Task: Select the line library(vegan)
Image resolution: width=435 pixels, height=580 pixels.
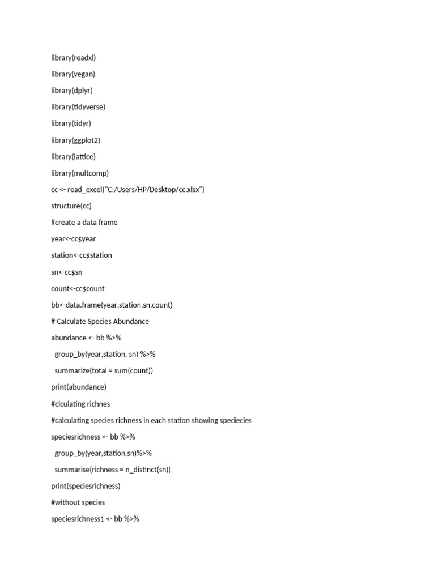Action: pyautogui.click(x=73, y=74)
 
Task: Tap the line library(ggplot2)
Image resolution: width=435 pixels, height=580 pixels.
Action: pyautogui.click(x=75, y=140)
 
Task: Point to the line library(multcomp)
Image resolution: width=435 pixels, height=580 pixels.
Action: pyautogui.click(x=80, y=173)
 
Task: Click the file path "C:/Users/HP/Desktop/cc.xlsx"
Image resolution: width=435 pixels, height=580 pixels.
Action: pyautogui.click(x=153, y=189)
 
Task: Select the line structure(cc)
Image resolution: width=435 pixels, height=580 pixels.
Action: pyautogui.click(x=71, y=206)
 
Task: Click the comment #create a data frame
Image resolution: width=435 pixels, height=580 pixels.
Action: pyautogui.click(x=84, y=222)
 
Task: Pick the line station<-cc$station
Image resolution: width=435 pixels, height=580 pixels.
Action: pyautogui.click(x=82, y=255)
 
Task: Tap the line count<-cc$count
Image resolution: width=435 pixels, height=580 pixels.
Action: pyautogui.click(x=78, y=288)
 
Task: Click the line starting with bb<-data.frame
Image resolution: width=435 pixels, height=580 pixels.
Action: pyautogui.click(x=112, y=305)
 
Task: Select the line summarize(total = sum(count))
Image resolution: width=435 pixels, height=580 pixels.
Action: pyautogui.click(x=104, y=370)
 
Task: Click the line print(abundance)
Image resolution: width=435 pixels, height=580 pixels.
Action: pyautogui.click(x=79, y=387)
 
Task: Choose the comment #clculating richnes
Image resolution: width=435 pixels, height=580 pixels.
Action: pyautogui.click(x=80, y=404)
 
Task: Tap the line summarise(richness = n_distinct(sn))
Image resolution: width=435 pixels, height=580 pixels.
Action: pyautogui.click(x=113, y=470)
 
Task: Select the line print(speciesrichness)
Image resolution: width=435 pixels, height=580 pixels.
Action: pyautogui.click(x=86, y=486)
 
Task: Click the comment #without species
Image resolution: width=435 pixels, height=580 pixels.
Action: pyautogui.click(x=78, y=502)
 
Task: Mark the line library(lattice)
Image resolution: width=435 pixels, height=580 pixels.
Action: pyautogui.click(x=73, y=156)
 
